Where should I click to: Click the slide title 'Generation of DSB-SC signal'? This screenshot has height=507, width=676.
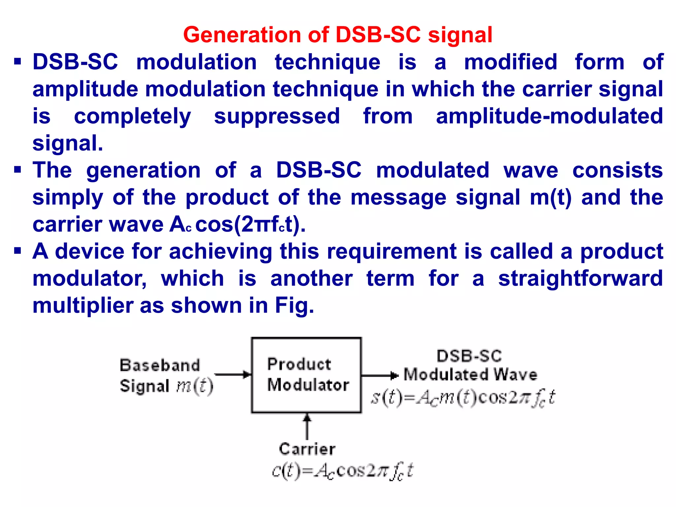[338, 35]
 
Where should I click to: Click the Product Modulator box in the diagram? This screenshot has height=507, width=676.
[306, 375]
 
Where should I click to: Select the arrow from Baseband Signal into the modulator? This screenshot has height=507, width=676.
[233, 375]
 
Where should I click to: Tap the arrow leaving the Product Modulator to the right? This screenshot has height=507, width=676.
[380, 375]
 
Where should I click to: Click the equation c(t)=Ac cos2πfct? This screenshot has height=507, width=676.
[342, 471]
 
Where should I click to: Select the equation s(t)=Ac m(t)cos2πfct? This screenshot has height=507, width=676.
[463, 397]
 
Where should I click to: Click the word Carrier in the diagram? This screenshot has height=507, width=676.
[307, 449]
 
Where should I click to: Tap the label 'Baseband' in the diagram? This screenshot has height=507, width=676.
[160, 365]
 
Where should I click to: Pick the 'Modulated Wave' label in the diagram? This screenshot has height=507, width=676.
[470, 375]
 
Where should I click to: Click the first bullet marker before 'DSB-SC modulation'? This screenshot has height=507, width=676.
[18, 62]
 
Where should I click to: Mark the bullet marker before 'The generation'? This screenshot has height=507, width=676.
[18, 170]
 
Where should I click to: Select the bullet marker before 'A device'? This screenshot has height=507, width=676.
[18, 251]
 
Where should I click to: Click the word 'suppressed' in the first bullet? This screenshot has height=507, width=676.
[277, 116]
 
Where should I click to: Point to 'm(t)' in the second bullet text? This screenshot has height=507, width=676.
[550, 197]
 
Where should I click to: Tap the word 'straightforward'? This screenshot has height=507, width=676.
[580, 278]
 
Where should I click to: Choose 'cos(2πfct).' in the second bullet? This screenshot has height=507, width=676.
[251, 224]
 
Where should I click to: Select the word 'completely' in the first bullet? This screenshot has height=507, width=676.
[132, 116]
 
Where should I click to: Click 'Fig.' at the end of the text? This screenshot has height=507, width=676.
[294, 305]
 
